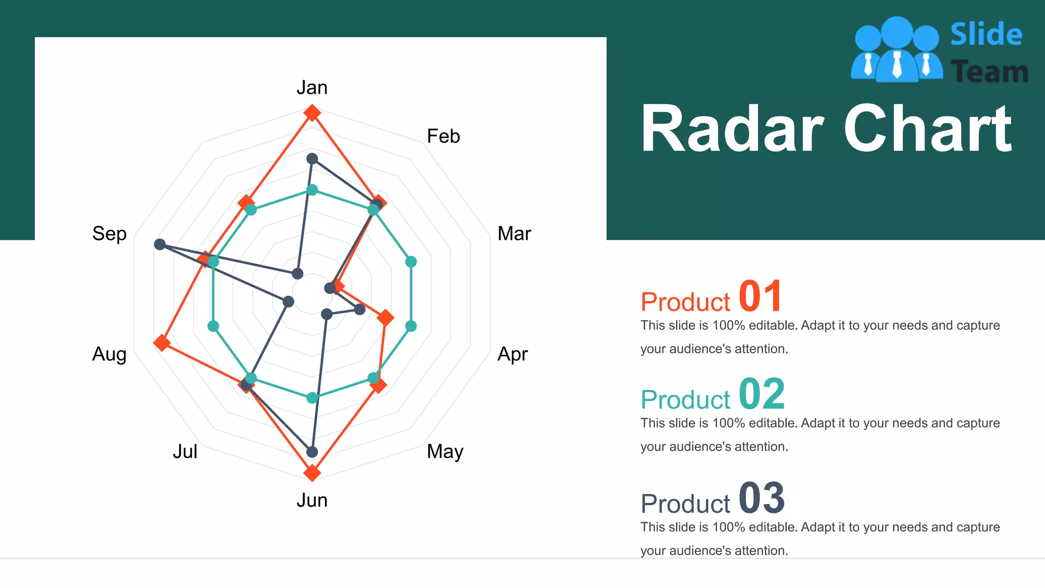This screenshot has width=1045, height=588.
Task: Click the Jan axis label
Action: [312, 88]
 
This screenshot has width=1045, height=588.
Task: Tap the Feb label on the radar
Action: [443, 136]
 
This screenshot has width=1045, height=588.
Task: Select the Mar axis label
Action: [514, 234]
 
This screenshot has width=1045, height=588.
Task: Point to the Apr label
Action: [512, 354]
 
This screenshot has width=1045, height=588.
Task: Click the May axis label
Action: [445, 452]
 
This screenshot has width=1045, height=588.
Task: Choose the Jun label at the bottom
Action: [312, 500]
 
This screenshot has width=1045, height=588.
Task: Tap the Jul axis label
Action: [185, 452]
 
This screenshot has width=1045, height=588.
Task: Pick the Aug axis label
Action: [109, 354]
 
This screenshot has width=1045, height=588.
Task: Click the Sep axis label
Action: [109, 234]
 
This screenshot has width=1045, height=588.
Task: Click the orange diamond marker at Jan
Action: [312, 112]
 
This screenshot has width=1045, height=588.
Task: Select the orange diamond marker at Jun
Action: [312, 473]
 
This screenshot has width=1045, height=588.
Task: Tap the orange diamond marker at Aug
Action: [162, 342]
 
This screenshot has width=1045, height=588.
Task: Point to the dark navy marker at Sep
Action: [160, 244]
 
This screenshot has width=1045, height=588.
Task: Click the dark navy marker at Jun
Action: [312, 452]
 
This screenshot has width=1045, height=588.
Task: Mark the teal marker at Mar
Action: [411, 262]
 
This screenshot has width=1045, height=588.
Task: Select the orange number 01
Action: [760, 297]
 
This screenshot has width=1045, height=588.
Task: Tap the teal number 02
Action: [761, 394]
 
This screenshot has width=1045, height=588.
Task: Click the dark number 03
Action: [761, 498]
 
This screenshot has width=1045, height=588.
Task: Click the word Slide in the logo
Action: [986, 35]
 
